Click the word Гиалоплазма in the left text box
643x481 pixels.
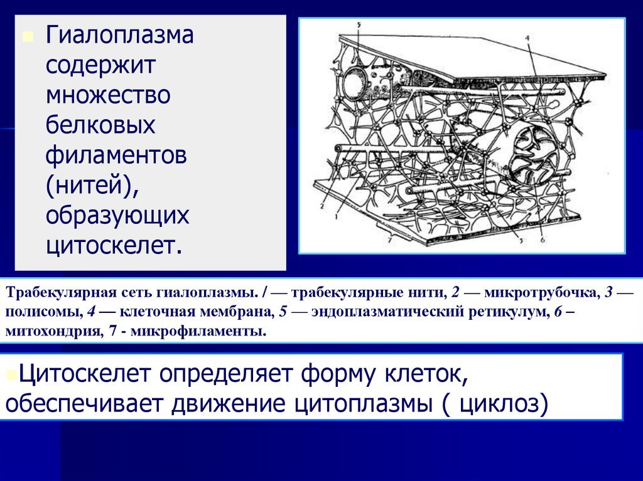[x=119, y=35]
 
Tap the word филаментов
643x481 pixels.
[x=116, y=156]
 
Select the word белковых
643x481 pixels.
[x=100, y=125]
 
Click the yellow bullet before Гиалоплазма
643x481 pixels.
[x=28, y=38]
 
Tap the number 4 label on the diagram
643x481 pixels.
[x=527, y=38]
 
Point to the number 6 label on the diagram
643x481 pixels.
[x=543, y=240]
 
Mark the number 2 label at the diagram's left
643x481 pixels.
[x=322, y=206]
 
